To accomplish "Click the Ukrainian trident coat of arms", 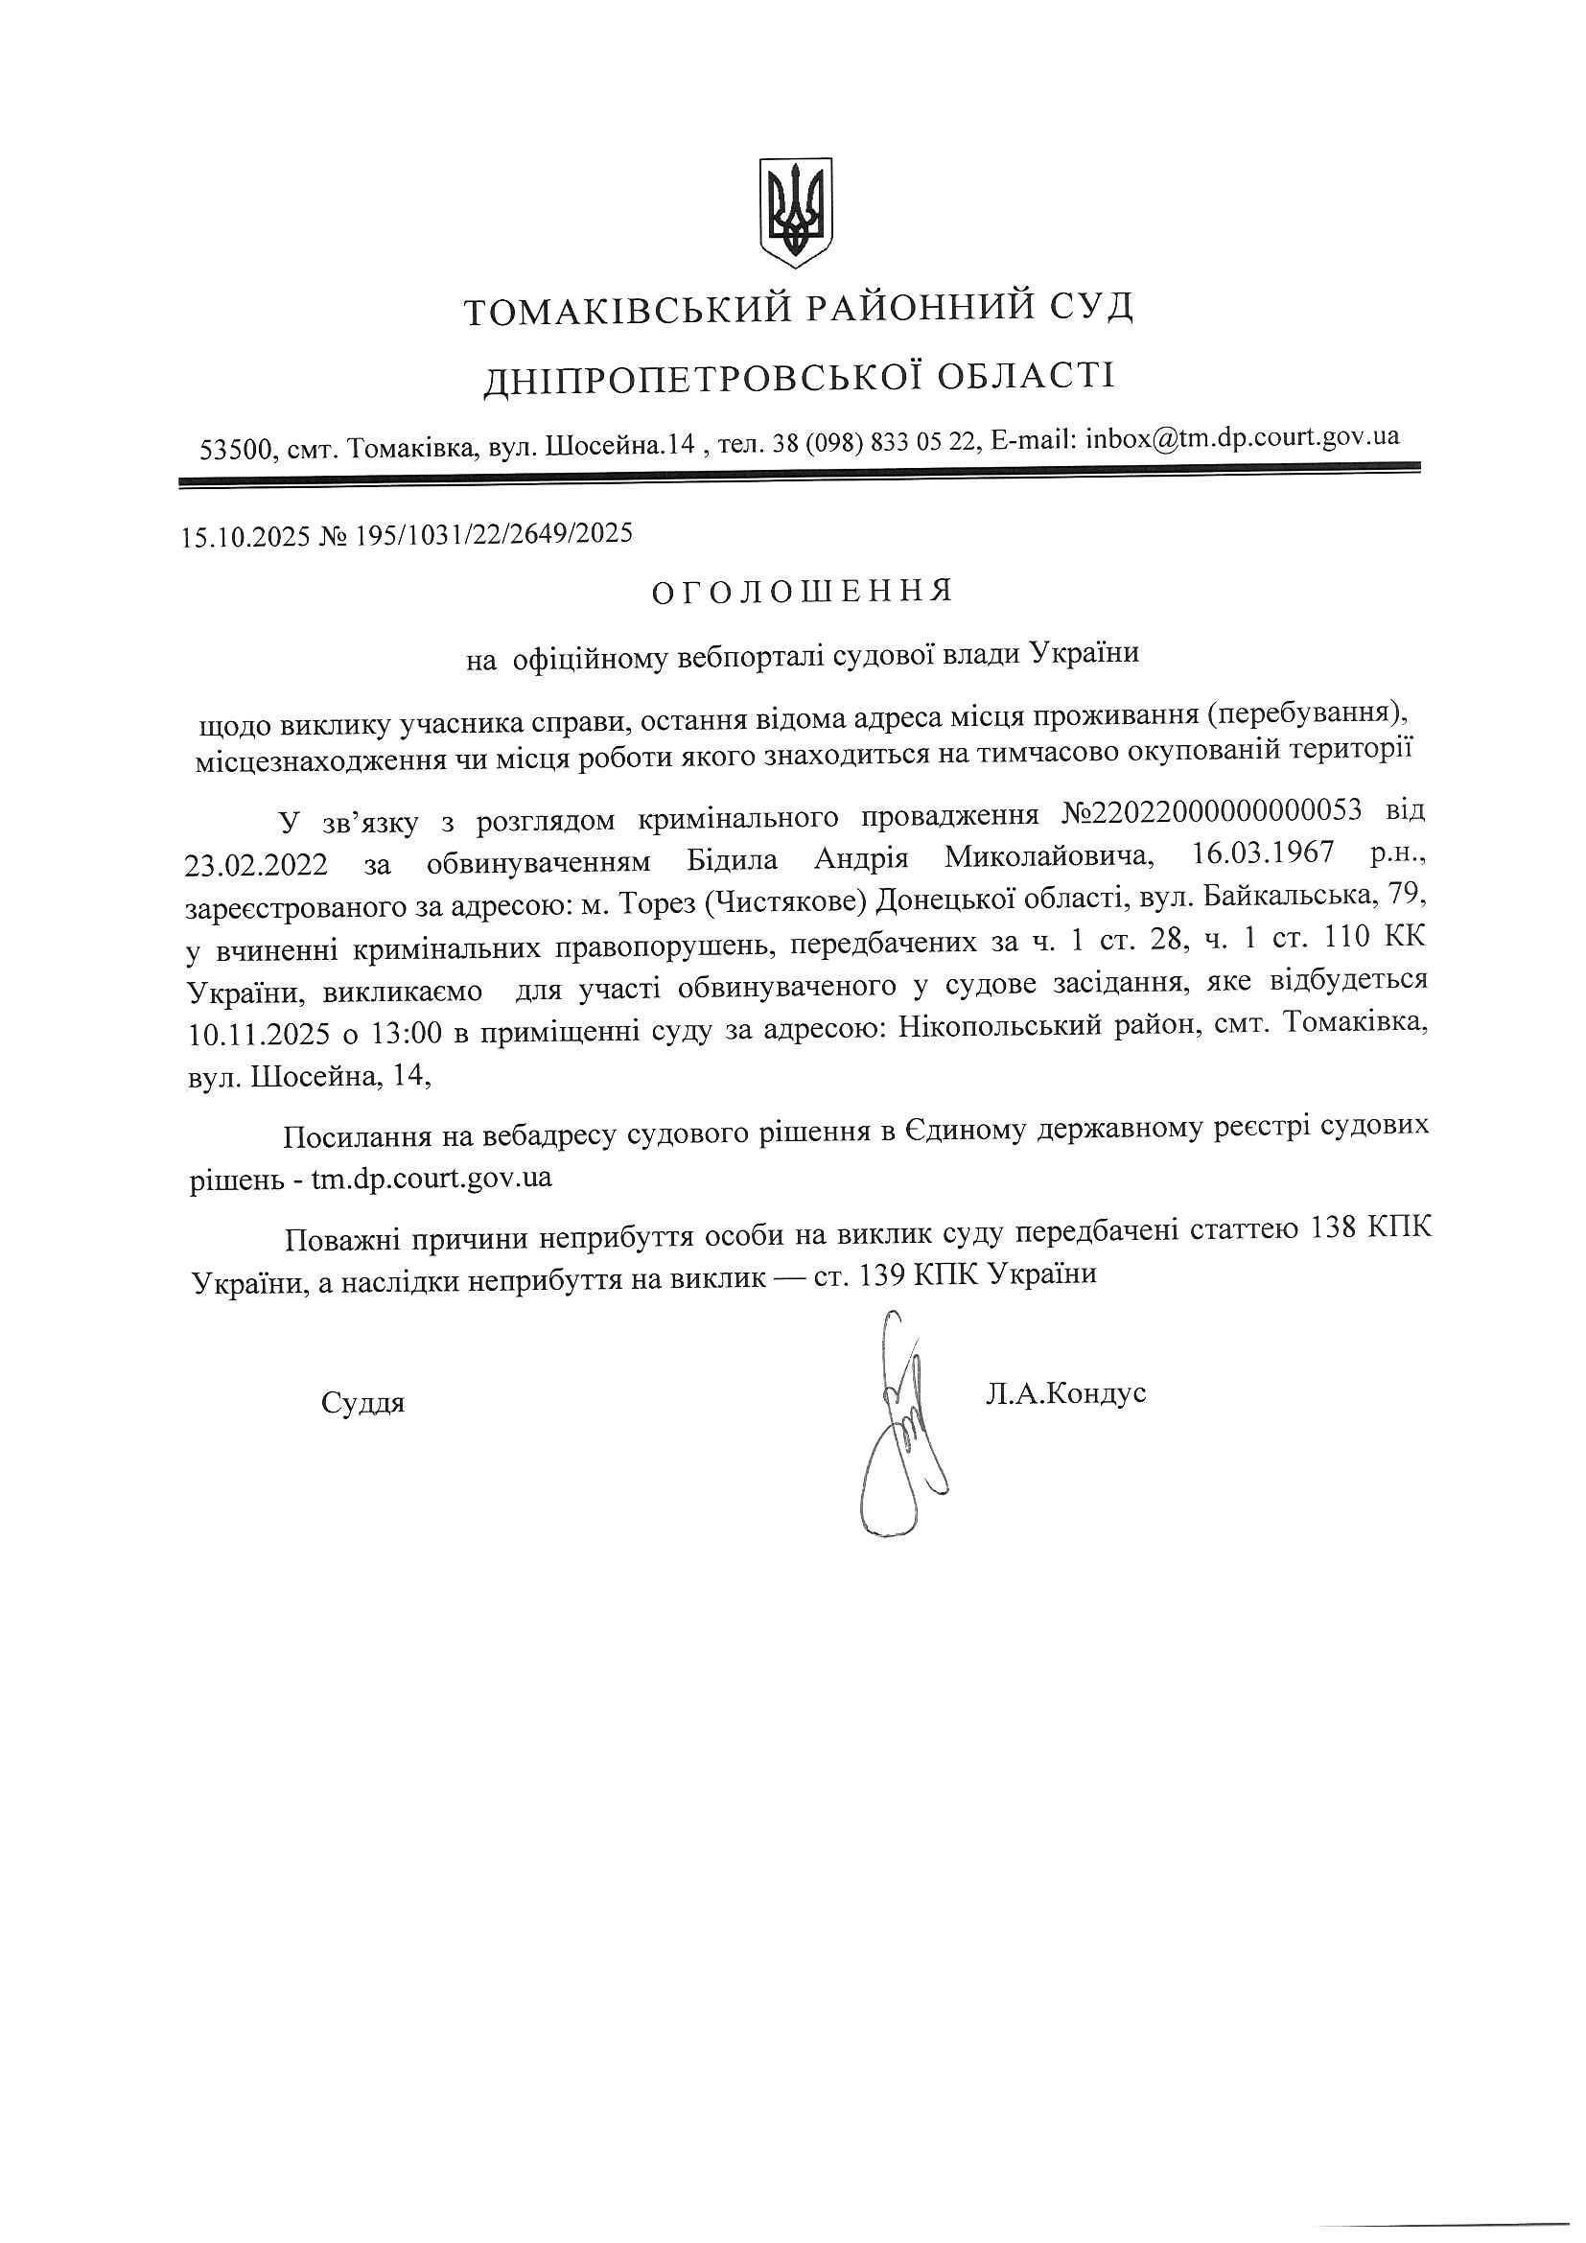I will point(796,212).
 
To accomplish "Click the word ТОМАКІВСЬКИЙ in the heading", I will point(626,310).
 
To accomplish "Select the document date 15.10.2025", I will point(245,535).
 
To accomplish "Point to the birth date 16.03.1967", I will point(1263,853).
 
